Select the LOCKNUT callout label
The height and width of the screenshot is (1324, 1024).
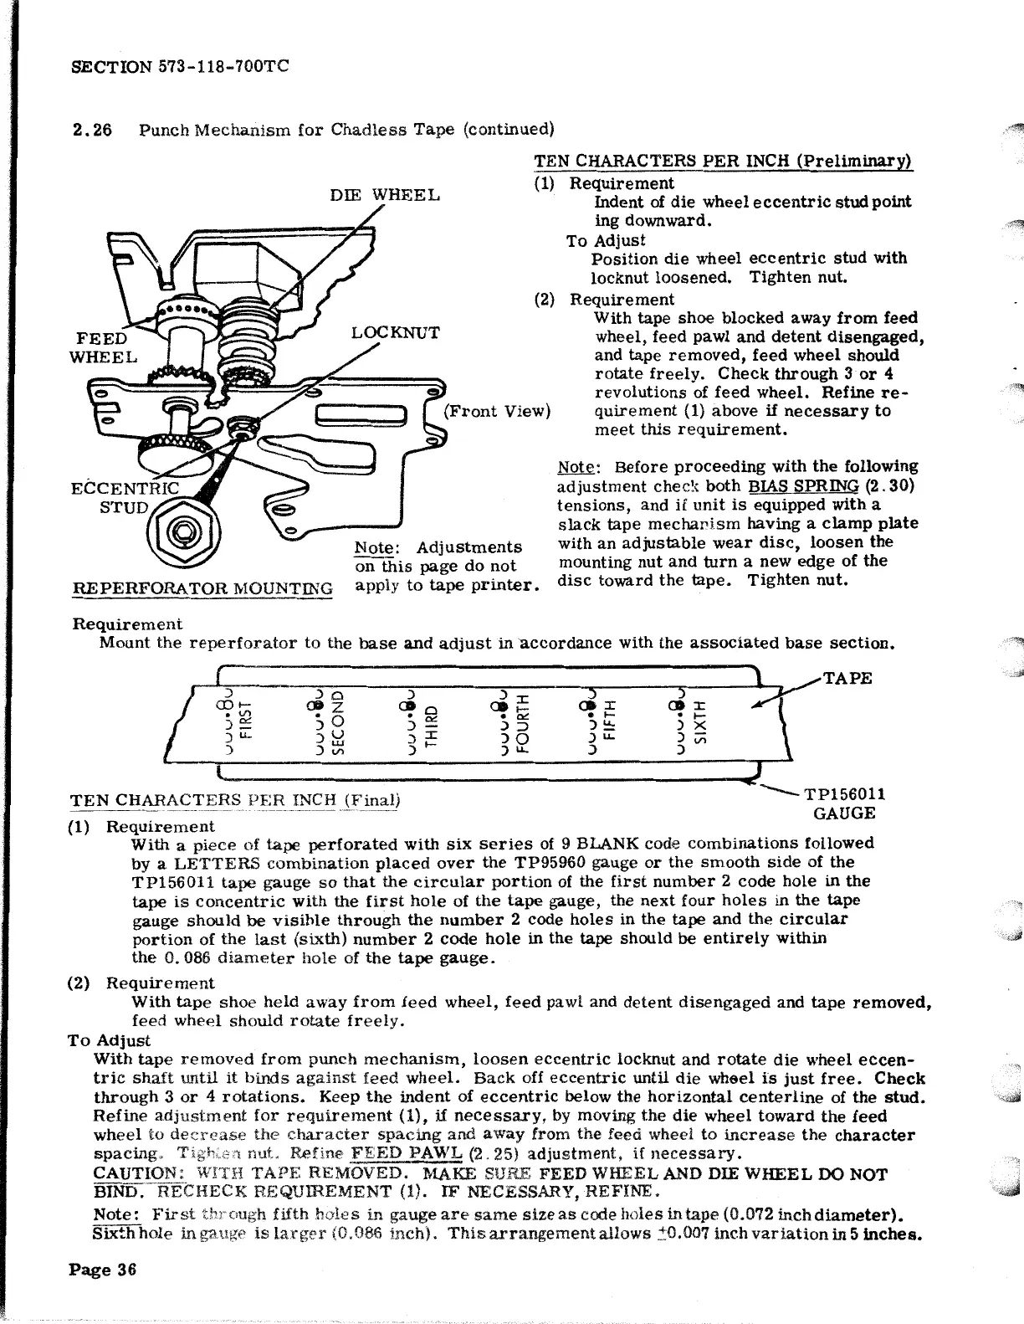click(x=395, y=332)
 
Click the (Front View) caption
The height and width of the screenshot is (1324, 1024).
click(x=496, y=411)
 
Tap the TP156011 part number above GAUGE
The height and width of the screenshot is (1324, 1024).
click(x=845, y=793)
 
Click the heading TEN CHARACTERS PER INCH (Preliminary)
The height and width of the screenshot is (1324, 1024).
click(x=723, y=162)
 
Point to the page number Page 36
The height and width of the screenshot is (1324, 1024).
click(x=102, y=1270)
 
